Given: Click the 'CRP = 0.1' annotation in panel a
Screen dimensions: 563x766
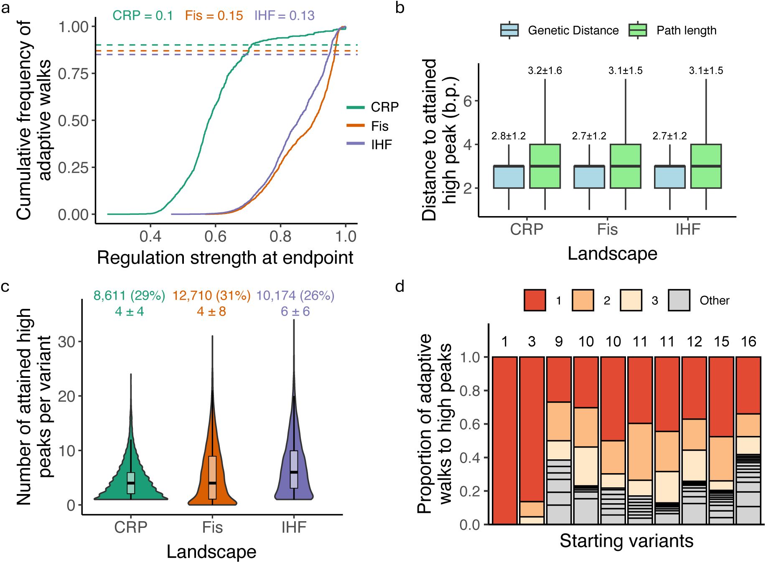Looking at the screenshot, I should [x=143, y=16].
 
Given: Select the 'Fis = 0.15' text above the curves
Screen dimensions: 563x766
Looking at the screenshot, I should [x=214, y=16].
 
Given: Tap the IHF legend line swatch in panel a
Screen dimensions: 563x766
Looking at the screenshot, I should [x=356, y=144].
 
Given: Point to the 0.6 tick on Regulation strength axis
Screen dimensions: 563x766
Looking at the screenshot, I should [x=215, y=237].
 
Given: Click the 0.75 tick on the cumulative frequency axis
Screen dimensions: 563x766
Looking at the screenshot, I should [x=74, y=74].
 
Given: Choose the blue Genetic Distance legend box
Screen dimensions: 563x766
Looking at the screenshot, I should [x=509, y=30].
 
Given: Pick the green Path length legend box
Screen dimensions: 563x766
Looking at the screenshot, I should [x=638, y=30].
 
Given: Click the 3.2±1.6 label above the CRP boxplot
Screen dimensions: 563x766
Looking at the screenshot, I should [x=545, y=71].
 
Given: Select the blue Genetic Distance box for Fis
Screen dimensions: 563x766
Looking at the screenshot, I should [x=589, y=177].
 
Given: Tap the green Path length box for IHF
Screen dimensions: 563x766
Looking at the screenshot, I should [x=706, y=166].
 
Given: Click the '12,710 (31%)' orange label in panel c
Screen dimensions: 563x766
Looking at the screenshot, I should [x=211, y=296].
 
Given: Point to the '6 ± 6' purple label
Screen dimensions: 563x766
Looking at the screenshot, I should [x=295, y=311].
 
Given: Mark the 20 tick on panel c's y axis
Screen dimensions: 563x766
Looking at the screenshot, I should [x=66, y=396].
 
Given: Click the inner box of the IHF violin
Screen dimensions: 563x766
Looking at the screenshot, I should [x=294, y=469].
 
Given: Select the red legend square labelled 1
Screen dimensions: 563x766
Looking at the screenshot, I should [x=534, y=300].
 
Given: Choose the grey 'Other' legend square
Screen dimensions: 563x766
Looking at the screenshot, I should [x=679, y=300].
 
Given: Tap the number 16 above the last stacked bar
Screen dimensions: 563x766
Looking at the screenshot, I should [x=748, y=341].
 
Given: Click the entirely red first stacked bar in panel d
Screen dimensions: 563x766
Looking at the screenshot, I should [x=505, y=440].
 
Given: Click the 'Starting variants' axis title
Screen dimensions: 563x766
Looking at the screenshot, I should [x=626, y=541].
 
